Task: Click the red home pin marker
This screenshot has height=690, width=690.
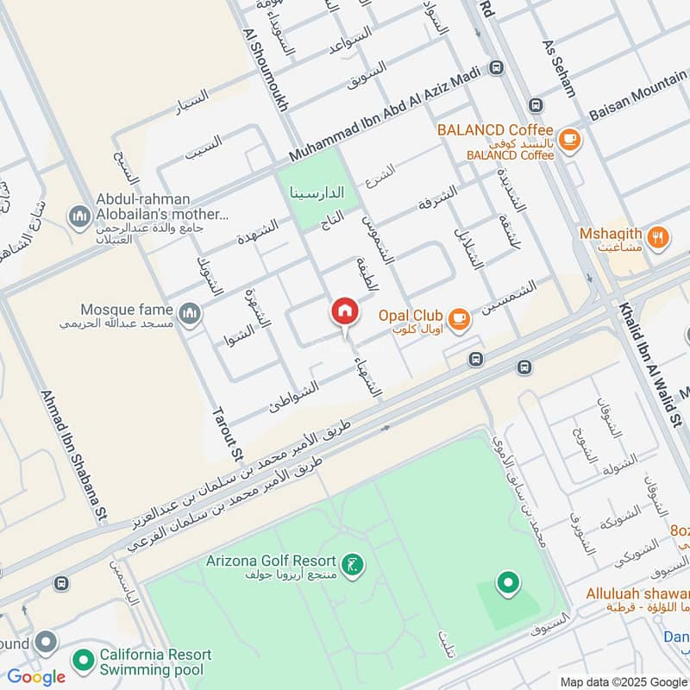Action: [344, 312]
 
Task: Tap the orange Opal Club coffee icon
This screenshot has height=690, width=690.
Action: [459, 319]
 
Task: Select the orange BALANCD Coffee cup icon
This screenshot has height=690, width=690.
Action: [568, 138]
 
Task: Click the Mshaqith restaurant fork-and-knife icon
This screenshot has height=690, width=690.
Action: [658, 235]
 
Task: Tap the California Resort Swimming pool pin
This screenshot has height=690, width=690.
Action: [84, 661]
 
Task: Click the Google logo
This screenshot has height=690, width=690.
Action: [36, 677]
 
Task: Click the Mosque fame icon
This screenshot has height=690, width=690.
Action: [190, 313]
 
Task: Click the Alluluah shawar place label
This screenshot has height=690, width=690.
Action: [637, 593]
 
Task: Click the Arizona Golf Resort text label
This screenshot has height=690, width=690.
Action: [270, 561]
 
